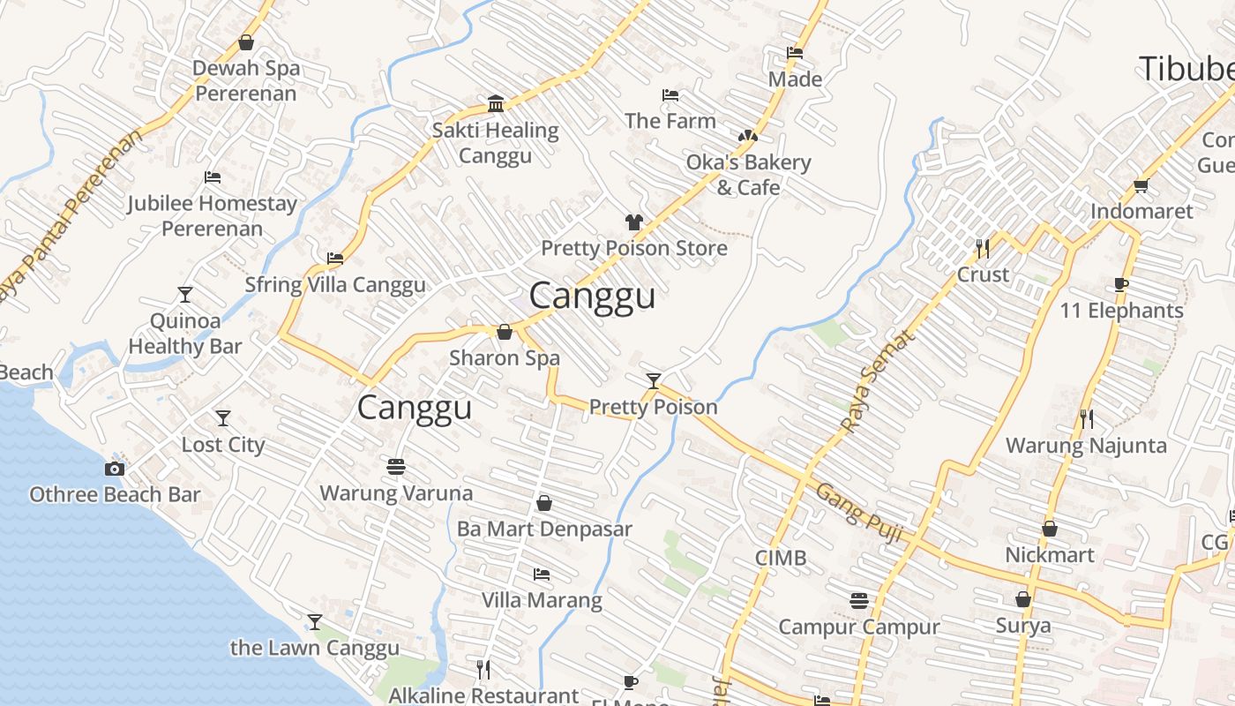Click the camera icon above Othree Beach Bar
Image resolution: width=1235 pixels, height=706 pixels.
[x=114, y=469]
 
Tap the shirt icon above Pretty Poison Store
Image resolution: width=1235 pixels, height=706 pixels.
[x=633, y=222]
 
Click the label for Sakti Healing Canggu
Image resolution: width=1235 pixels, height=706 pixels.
[x=495, y=143]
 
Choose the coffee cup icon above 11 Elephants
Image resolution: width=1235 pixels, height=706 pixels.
[x=1120, y=284]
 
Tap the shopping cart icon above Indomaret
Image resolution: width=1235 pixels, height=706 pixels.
[x=1141, y=185]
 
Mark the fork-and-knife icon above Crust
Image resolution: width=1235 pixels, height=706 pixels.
[x=983, y=248]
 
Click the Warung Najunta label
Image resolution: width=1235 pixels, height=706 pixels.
[x=1086, y=445]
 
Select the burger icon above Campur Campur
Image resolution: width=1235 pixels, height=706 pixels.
[x=859, y=601]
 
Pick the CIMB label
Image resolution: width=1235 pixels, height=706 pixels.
[x=781, y=558]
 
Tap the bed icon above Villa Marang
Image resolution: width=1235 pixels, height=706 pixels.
[x=542, y=575]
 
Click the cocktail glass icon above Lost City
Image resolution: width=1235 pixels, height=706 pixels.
[x=223, y=418]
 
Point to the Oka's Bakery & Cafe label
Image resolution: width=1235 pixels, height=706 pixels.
[x=748, y=175]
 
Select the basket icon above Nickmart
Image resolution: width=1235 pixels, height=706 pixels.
[x=1050, y=529]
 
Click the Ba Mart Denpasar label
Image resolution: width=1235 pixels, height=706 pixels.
[x=544, y=529]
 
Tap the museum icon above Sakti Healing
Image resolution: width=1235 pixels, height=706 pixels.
[x=496, y=104]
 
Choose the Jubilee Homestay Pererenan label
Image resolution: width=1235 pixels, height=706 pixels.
[x=212, y=215]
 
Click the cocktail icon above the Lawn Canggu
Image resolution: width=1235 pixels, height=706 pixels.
[x=314, y=622]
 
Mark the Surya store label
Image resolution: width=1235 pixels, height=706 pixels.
[x=1023, y=626]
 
